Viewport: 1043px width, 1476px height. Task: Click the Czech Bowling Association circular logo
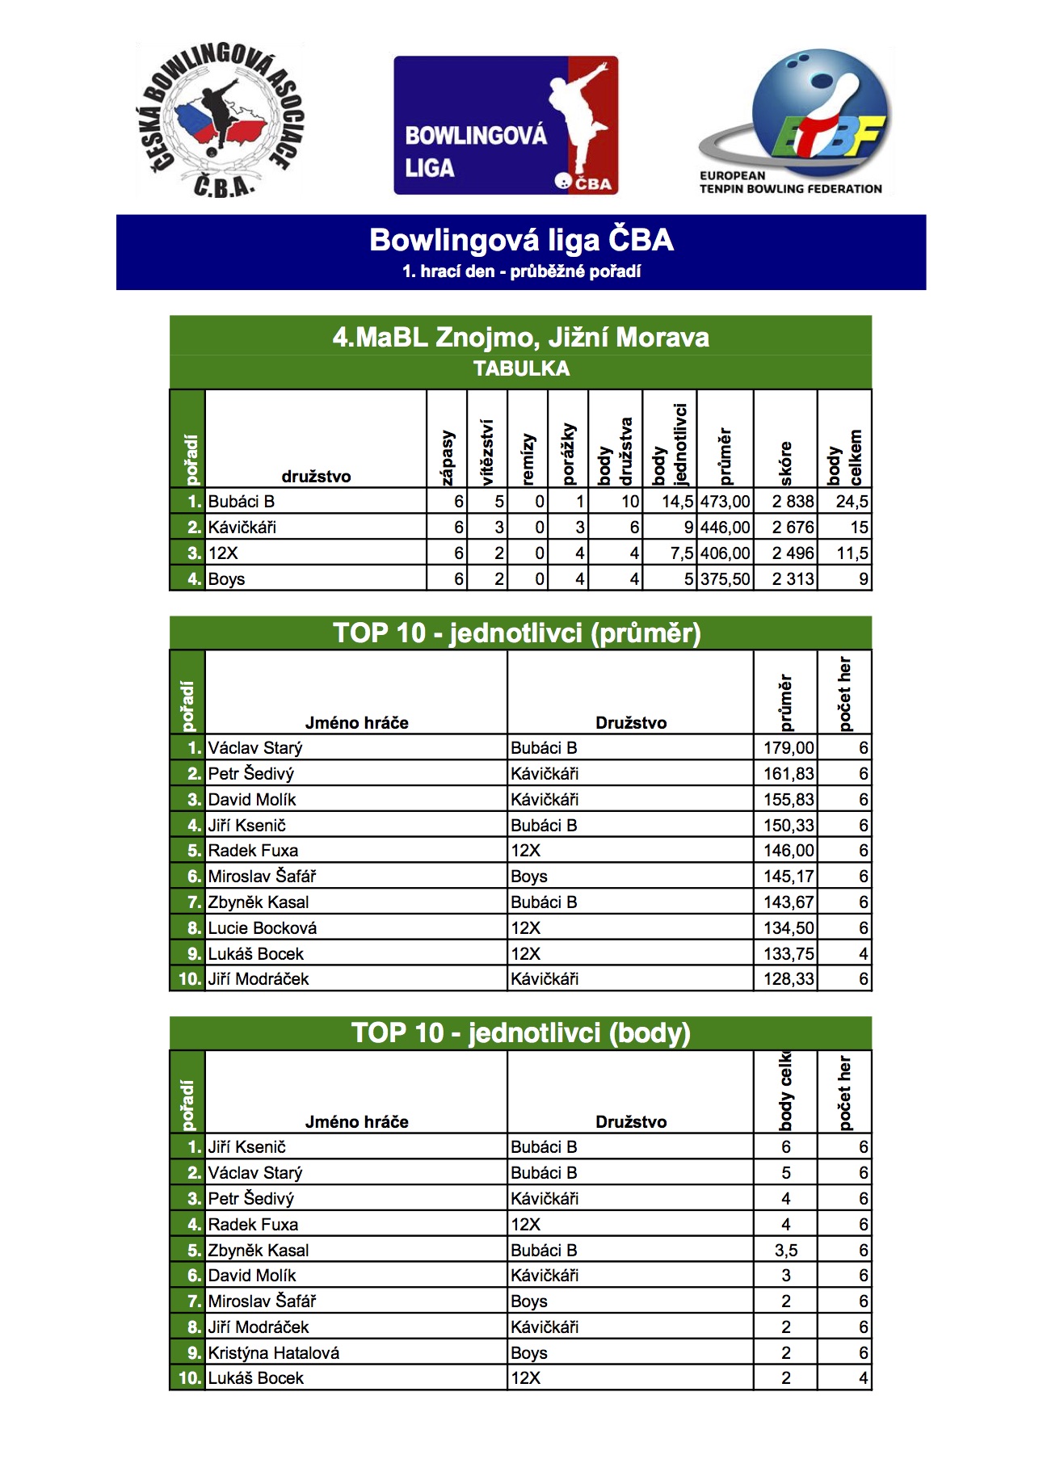220,120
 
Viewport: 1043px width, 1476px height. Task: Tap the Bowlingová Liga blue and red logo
506,125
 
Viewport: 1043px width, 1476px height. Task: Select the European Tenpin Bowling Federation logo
795,121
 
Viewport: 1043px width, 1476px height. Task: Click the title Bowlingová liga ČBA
521,241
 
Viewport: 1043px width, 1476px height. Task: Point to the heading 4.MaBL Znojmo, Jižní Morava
521,337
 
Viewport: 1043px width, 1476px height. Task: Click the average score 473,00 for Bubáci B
725,502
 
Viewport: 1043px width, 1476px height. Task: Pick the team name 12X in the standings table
224,553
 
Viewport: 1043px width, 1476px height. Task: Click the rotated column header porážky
568,453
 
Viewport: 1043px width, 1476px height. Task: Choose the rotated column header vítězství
486,452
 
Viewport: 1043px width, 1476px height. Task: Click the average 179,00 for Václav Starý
789,748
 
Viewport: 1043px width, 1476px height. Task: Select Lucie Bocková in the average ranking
263,928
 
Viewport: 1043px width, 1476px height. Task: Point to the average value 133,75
789,954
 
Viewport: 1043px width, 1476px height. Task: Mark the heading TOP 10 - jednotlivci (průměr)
517,633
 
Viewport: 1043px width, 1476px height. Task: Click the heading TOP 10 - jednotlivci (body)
521,1033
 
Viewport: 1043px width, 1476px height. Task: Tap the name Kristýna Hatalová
274,1353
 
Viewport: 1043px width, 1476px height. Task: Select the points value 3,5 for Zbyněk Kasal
785,1251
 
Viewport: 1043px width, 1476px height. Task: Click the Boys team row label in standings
227,579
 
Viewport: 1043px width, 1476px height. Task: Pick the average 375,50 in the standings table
725,579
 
